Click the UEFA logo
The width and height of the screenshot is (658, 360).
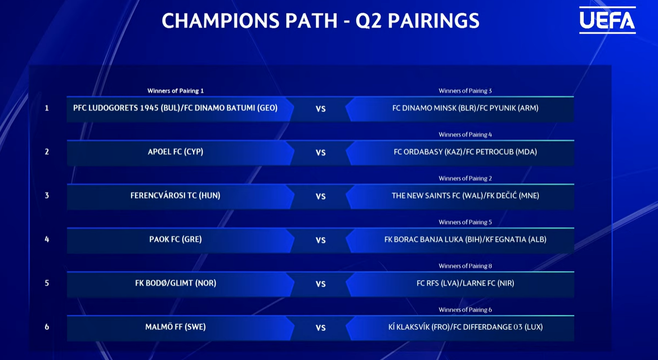pyautogui.click(x=607, y=20)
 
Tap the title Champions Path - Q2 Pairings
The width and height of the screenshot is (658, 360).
pyautogui.click(x=321, y=21)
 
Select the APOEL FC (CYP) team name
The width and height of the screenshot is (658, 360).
pyautogui.click(x=176, y=152)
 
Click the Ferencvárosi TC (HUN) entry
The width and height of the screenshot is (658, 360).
pyautogui.click(x=176, y=196)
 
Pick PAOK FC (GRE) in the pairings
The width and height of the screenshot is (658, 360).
pyautogui.click(x=176, y=240)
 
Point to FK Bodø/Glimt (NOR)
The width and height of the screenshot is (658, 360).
pyautogui.click(x=176, y=283)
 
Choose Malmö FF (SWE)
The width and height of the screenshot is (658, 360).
pyautogui.click(x=176, y=327)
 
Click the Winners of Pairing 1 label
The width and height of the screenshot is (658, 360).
pyautogui.click(x=176, y=91)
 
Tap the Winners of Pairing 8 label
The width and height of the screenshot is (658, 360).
pyautogui.click(x=465, y=266)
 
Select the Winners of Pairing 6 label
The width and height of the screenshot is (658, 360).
pyautogui.click(x=465, y=309)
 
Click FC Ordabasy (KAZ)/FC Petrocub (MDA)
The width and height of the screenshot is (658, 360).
pyautogui.click(x=465, y=152)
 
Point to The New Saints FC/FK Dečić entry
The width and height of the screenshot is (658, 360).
pyautogui.click(x=465, y=196)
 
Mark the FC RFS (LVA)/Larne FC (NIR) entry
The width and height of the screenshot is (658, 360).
pyautogui.click(x=465, y=283)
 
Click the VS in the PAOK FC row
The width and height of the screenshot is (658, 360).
pyautogui.click(x=321, y=240)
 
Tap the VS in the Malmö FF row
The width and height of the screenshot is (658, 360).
pyautogui.click(x=321, y=328)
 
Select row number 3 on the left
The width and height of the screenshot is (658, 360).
pyautogui.click(x=47, y=196)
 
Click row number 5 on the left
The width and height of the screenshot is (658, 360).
pyautogui.click(x=47, y=283)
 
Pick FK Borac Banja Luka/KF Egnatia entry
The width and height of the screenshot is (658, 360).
pyautogui.click(x=465, y=240)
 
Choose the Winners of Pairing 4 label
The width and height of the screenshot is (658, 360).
pyautogui.click(x=465, y=134)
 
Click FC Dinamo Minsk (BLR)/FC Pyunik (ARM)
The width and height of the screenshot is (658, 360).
pyautogui.click(x=465, y=108)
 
